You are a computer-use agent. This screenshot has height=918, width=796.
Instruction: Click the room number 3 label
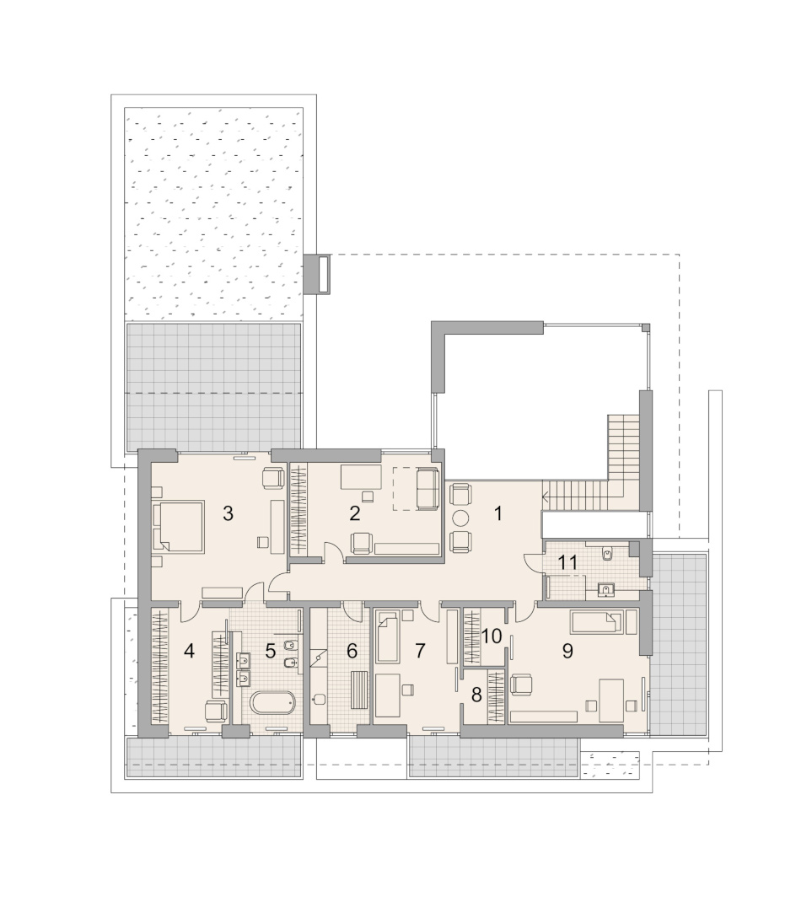[x=228, y=513]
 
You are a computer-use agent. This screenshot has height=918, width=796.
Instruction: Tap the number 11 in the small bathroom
[x=567, y=563]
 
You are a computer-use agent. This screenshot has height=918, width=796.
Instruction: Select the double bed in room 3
[x=178, y=527]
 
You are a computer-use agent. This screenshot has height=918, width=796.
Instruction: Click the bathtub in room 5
[x=272, y=703]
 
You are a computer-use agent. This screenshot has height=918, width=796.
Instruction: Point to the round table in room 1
[x=460, y=518]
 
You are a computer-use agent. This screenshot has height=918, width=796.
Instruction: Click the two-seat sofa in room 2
[x=427, y=489]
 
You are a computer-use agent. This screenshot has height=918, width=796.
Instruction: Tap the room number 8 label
[x=476, y=695]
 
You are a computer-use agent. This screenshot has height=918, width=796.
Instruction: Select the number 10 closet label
[x=492, y=636]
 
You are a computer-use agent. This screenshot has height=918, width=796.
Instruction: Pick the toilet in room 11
[x=607, y=553]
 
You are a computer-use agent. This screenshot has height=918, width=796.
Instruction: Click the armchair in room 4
[x=216, y=710]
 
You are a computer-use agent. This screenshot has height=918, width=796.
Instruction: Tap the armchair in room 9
[x=521, y=684]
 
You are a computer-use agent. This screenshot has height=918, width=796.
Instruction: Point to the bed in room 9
[x=596, y=622]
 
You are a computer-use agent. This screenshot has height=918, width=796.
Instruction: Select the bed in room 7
[x=387, y=636]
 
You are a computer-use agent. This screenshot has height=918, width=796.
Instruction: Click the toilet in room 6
[x=320, y=700]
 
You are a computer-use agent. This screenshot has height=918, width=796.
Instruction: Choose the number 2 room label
[x=354, y=513]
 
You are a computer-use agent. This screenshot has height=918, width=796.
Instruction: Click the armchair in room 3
[x=272, y=478]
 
